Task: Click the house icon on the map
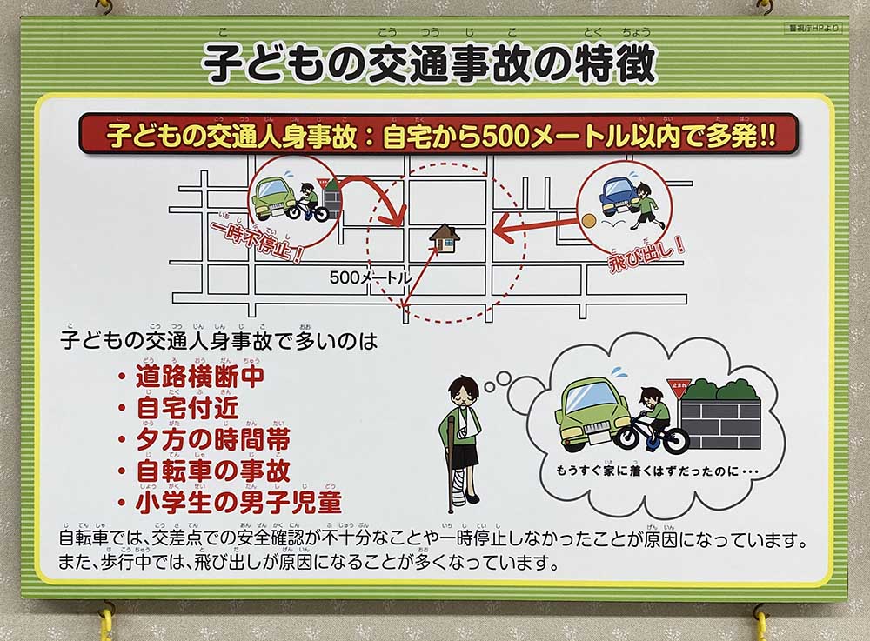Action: pos(445,237)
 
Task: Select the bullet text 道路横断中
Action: pos(199,377)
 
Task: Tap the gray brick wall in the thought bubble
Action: pos(721,422)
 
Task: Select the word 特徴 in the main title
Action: pos(619,63)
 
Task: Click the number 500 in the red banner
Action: pos(482,137)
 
